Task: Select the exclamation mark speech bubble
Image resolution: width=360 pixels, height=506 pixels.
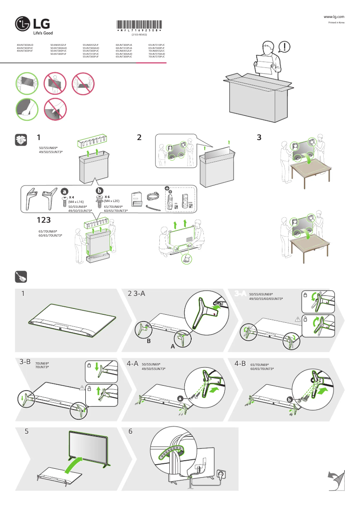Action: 284,47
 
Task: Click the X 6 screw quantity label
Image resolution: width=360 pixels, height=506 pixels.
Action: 108,197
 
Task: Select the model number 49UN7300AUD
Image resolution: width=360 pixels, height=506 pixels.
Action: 25,45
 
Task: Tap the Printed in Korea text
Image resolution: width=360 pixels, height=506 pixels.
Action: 336,22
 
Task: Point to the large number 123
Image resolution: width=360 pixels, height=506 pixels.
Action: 47,220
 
